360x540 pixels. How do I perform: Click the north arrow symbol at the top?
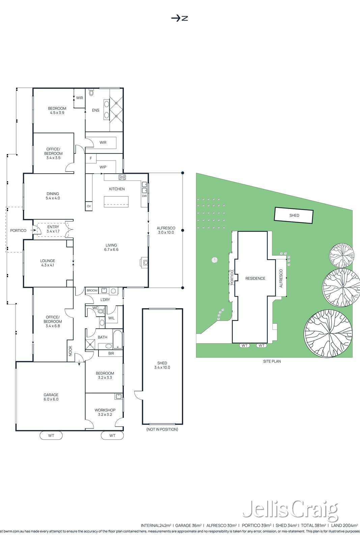(179, 18)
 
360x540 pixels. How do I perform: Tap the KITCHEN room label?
(117, 189)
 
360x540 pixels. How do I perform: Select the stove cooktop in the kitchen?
(122, 177)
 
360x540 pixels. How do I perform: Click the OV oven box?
(89, 206)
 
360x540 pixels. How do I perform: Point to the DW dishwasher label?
(144, 196)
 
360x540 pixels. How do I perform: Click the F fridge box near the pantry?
(91, 158)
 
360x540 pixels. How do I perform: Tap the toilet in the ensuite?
(91, 92)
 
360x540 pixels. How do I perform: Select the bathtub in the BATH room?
(118, 339)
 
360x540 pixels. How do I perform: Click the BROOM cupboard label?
(92, 291)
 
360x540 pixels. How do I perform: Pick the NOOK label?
(71, 351)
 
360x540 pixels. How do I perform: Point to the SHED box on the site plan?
(294, 216)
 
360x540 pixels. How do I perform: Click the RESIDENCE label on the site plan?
(255, 278)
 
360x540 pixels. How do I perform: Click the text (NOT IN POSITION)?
(162, 429)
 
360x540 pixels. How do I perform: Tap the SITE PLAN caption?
(272, 361)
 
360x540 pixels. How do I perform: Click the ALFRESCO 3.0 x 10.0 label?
(166, 230)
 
